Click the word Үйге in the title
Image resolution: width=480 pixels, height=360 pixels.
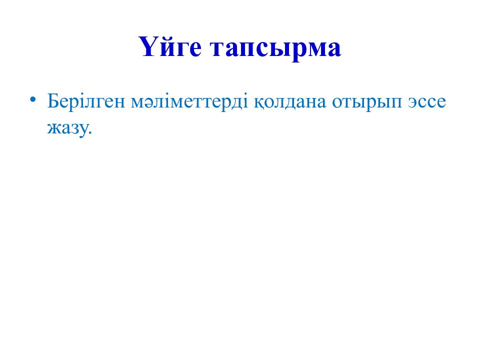click(170, 48)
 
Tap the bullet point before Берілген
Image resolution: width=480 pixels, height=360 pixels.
click(33, 99)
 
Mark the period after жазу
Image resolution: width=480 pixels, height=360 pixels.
click(90, 132)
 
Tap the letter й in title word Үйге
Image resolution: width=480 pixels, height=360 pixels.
click(165, 48)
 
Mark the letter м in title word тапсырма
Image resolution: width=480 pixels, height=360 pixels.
click(314, 50)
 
